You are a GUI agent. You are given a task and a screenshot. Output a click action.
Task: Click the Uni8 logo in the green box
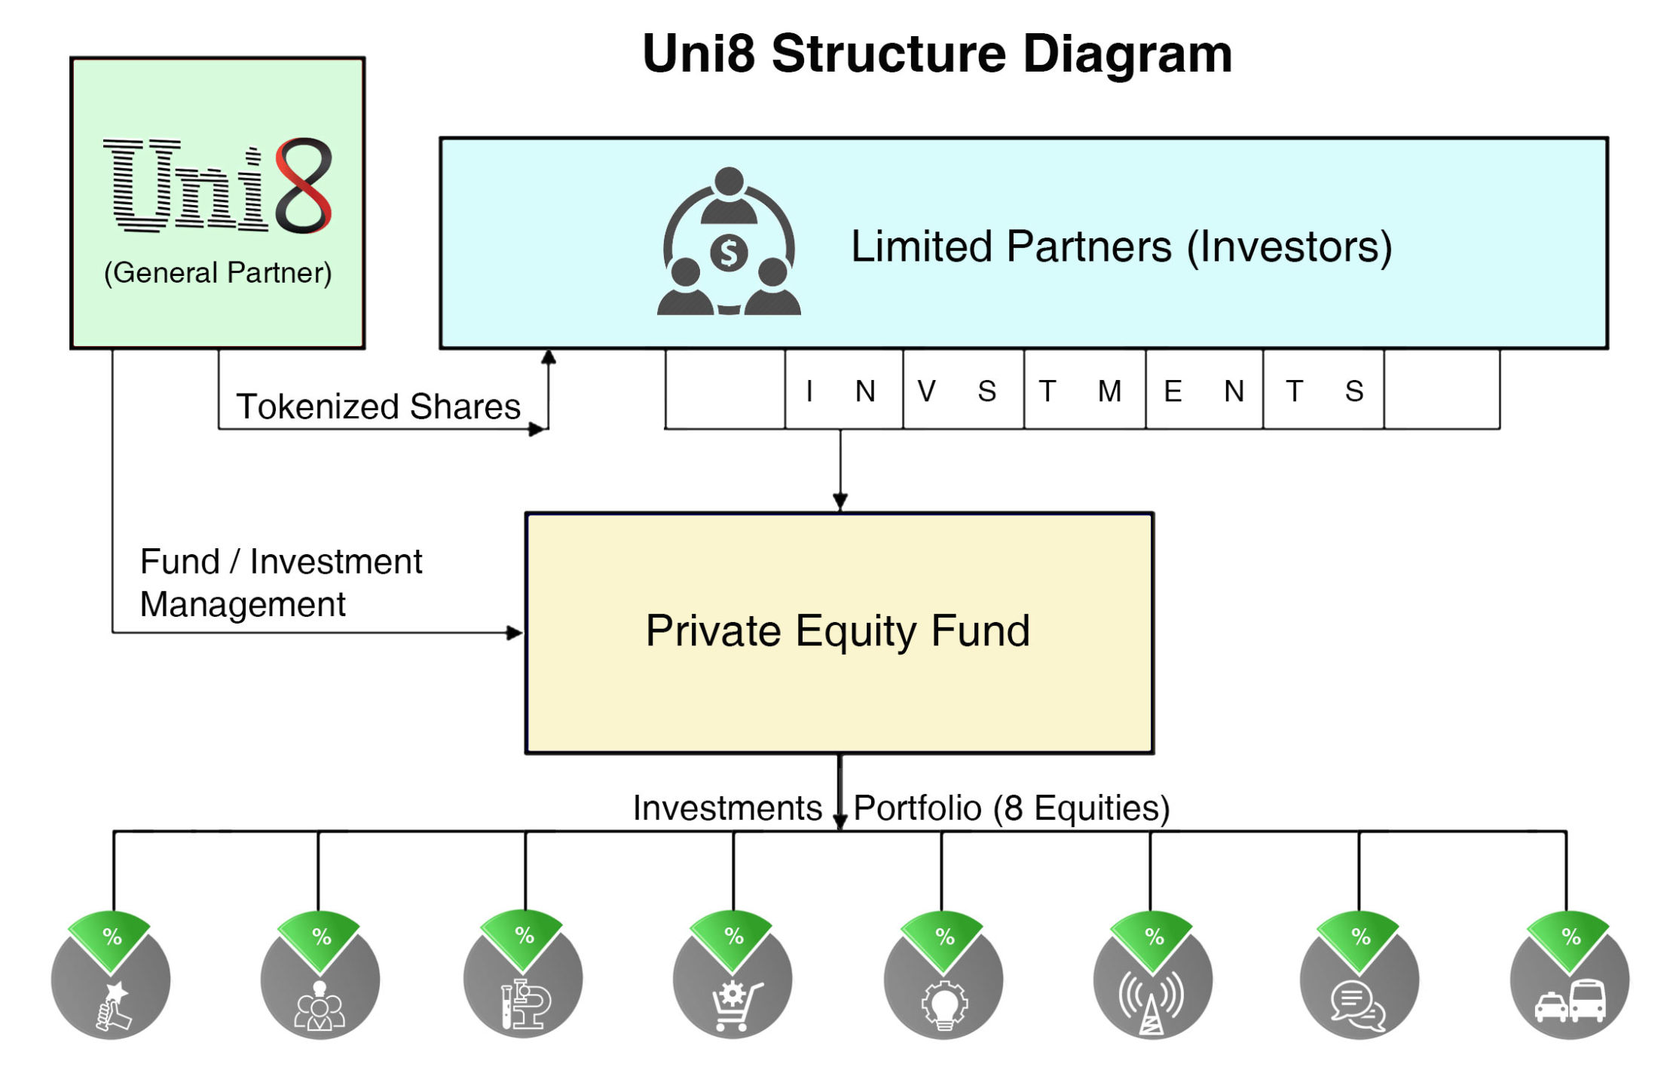(218, 185)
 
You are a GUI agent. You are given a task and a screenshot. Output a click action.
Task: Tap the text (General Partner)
(218, 272)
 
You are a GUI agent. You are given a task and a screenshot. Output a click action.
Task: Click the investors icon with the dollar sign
(729, 241)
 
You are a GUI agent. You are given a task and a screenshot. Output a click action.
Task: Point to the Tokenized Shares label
(378, 406)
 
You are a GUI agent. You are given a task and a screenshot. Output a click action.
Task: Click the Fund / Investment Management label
(281, 583)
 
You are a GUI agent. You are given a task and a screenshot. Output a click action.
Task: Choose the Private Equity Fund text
(838, 630)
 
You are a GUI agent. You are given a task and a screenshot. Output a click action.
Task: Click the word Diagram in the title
(1127, 54)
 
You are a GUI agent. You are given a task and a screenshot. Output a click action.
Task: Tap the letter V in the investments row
(926, 391)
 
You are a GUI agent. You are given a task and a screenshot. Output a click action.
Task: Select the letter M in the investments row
(1109, 391)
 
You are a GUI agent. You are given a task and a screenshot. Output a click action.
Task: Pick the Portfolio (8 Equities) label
(1011, 808)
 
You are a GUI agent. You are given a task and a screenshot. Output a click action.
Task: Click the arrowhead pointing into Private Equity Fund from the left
(515, 633)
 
